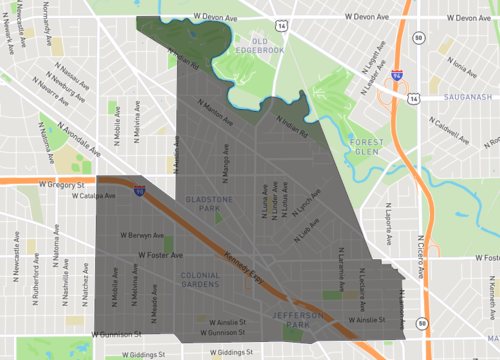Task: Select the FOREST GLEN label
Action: (x=369, y=147)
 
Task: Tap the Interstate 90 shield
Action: (x=139, y=189)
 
